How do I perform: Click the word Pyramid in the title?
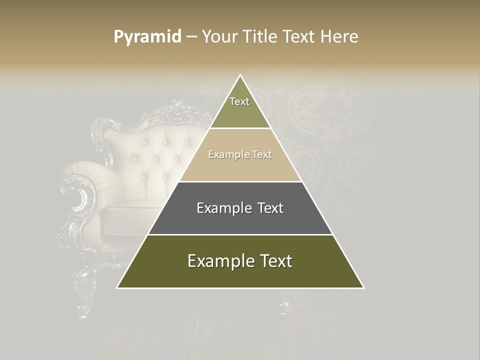click(x=147, y=37)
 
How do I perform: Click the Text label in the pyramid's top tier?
click(x=239, y=101)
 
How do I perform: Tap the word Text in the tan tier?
click(x=262, y=155)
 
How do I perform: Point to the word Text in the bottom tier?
click(x=273, y=261)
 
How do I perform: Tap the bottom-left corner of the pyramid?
click(x=117, y=287)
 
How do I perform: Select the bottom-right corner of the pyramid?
click(x=363, y=287)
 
